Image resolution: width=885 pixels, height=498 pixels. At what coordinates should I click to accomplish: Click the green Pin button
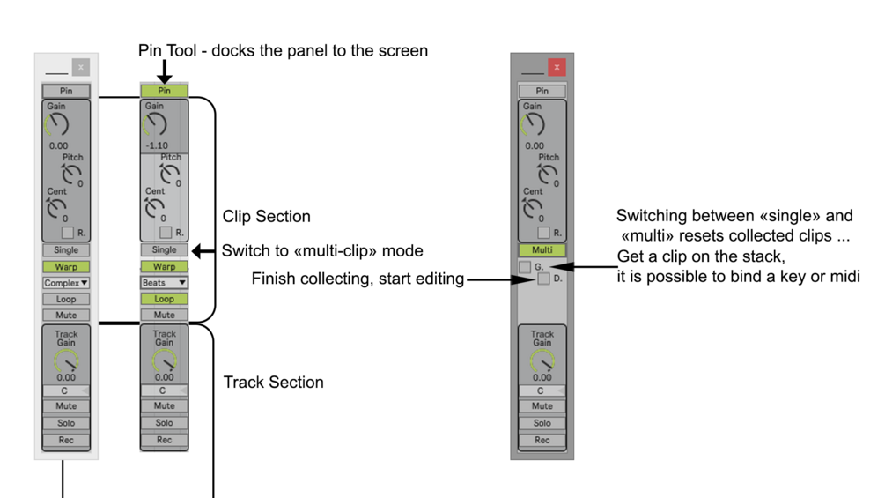coord(164,91)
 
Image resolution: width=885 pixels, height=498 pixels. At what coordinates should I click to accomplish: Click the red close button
coord(557,67)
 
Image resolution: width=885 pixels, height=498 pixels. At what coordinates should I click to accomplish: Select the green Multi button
coord(542,250)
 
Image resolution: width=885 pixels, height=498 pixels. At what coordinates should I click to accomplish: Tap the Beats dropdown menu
coord(165,283)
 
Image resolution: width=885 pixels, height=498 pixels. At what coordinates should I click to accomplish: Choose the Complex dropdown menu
coord(66,283)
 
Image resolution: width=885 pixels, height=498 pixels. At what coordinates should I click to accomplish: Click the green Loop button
coord(165,299)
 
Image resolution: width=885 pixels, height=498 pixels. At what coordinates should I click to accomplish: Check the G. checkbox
coord(525,266)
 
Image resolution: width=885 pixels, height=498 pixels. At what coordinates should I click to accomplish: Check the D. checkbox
coord(543,279)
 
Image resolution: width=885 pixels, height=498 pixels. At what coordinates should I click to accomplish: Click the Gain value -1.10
coord(157,145)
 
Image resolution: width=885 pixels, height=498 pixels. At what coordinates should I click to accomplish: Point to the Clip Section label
coord(266,217)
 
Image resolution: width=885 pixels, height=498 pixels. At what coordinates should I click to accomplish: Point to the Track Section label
coord(273,383)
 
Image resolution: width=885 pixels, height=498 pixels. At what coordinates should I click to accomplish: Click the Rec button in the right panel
coord(542,440)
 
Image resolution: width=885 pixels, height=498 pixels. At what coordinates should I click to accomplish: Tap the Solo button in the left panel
coord(66,423)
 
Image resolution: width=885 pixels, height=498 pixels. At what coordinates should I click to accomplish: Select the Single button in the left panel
coord(66,250)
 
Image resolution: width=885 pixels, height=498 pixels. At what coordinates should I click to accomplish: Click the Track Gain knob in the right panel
coord(542,360)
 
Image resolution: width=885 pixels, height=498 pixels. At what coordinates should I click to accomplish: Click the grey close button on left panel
coord(81,67)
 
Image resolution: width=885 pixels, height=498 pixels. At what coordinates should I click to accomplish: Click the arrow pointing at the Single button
coord(203,251)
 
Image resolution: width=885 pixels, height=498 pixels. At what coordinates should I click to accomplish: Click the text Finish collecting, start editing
coord(358,279)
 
